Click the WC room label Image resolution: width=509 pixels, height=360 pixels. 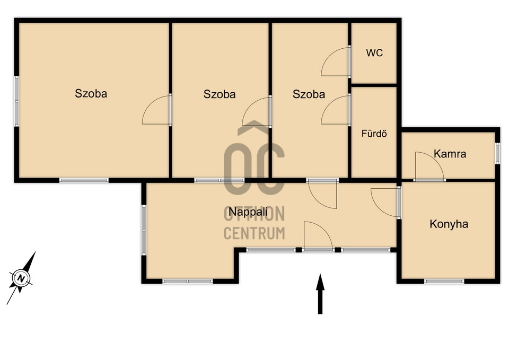[374, 52]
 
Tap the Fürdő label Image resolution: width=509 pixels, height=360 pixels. [374, 134]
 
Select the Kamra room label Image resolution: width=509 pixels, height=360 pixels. [450, 154]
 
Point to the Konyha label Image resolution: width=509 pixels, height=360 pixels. [449, 224]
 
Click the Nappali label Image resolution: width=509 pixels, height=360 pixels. [248, 212]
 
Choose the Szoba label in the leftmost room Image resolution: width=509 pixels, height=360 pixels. [91, 93]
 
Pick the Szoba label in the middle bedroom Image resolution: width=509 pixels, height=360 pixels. [220, 94]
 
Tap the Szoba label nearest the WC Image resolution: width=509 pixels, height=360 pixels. [309, 94]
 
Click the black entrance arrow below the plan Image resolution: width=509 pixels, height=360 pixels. [320, 294]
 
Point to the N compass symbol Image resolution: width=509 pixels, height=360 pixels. [21, 278]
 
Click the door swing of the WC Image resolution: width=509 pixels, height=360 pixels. [335, 62]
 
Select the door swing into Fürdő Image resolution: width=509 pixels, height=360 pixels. [335, 110]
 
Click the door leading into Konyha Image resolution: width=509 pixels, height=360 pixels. [385, 203]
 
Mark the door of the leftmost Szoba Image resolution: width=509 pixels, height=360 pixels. [156, 110]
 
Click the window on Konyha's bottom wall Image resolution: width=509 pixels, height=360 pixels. [444, 281]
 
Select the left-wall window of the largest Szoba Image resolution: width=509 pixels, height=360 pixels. [16, 101]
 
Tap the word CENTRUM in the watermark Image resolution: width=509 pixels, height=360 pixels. [254, 233]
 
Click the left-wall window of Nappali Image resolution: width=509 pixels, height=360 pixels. [144, 230]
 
